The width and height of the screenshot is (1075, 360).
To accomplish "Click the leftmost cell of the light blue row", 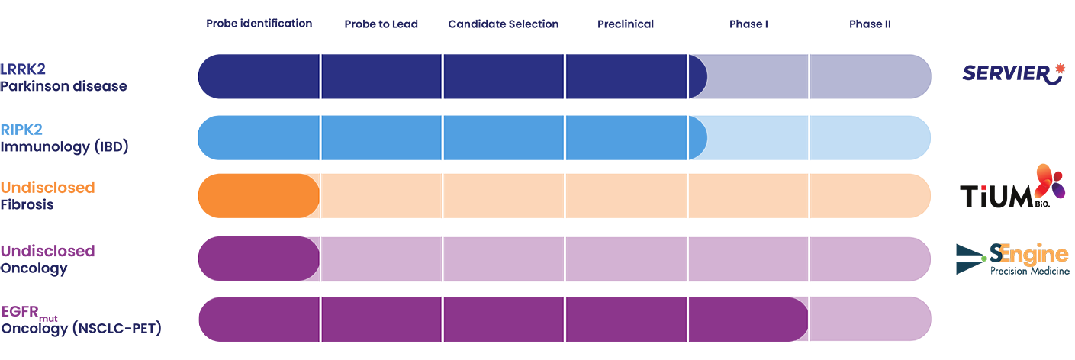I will point(258,136).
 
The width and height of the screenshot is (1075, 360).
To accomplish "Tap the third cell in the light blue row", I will point(504,136).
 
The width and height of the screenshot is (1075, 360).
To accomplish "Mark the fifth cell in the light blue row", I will point(748,136).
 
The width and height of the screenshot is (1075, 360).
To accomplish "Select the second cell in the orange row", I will point(381,196).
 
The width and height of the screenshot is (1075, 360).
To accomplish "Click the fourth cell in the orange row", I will point(626,196).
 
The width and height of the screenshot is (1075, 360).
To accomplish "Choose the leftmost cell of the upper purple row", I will point(258,257).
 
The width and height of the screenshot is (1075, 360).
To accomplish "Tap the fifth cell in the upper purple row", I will point(748,257).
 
